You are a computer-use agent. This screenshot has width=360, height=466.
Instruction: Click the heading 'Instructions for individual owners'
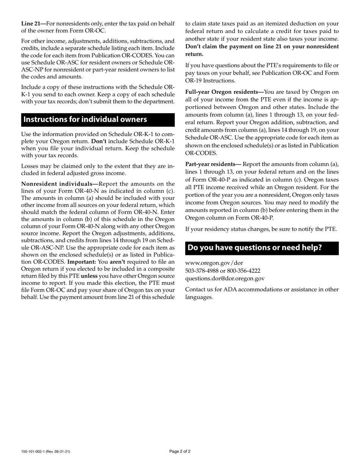click(85, 120)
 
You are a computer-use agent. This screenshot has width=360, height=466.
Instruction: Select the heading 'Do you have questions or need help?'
click(255, 248)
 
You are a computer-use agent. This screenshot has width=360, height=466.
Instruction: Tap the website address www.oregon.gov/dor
click(214, 263)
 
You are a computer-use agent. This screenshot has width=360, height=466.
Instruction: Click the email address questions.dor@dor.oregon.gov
click(225, 278)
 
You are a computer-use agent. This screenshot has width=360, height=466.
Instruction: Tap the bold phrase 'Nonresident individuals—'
click(59, 184)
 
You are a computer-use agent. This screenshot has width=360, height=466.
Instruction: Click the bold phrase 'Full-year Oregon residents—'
click(224, 92)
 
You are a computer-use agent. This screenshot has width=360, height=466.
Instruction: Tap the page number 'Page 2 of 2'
click(180, 451)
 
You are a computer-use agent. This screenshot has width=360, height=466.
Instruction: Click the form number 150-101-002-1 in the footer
click(34, 452)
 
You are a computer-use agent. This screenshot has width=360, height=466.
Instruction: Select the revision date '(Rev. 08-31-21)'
click(59, 452)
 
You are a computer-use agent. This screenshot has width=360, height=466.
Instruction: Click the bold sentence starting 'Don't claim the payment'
click(261, 47)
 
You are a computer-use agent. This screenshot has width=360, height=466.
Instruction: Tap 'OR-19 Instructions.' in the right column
click(210, 80)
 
